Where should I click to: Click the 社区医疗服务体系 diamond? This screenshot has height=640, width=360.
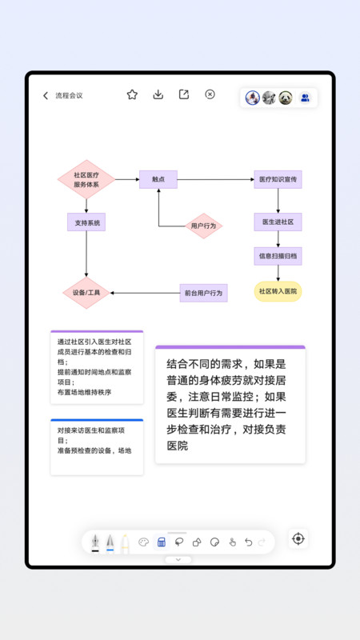point(86,179)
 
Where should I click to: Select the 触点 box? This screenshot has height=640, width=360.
point(158,179)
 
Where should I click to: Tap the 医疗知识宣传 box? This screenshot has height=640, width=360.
point(278,179)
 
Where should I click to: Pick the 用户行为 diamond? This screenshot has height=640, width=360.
point(203,226)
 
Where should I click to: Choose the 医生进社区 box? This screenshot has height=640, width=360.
point(278,222)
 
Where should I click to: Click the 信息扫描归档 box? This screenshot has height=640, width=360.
point(278,256)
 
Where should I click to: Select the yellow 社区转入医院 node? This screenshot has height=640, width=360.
point(278,291)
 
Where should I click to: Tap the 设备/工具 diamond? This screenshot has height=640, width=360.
point(86,293)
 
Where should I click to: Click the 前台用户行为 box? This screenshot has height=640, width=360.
point(203,293)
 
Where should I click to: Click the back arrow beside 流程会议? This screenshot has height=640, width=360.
point(46,96)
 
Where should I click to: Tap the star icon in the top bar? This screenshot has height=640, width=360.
point(132,94)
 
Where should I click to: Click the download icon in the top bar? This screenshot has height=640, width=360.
point(158,94)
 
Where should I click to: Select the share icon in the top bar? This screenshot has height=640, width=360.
point(184,94)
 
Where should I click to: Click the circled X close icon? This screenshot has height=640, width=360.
point(210,94)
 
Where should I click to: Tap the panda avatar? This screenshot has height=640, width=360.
point(286,98)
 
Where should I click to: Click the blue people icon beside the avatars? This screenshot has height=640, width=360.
point(305,98)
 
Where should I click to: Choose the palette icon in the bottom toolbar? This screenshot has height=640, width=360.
point(144,542)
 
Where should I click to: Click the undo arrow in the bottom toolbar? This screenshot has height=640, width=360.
point(248,542)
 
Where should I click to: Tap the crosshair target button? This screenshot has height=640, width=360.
point(298,538)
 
